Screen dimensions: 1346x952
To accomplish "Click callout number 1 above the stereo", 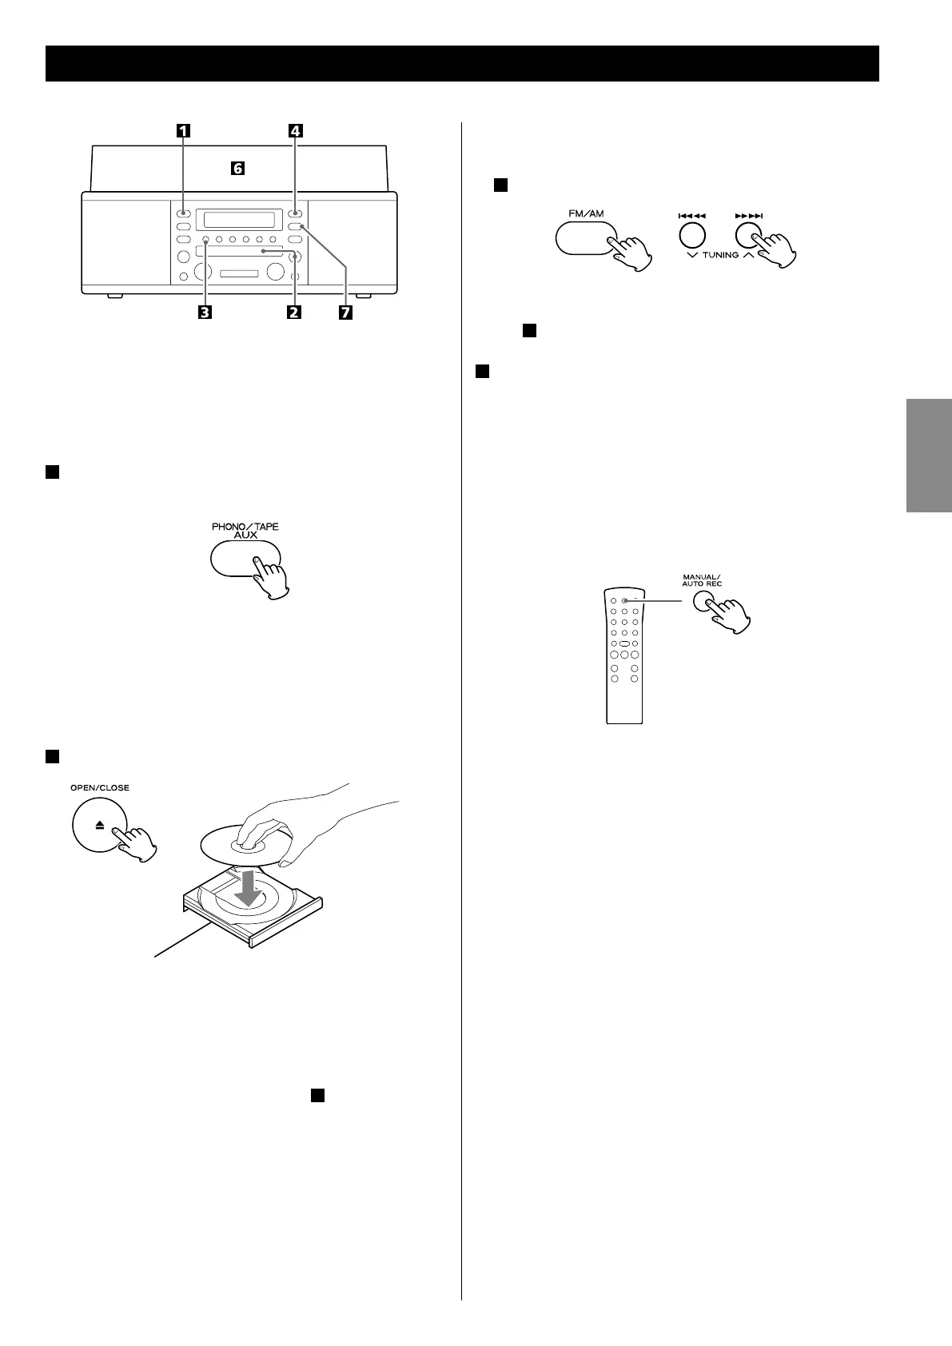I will tap(184, 132).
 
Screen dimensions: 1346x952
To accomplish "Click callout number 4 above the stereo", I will tap(296, 132).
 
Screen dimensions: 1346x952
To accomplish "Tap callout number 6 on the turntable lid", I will tap(237, 169).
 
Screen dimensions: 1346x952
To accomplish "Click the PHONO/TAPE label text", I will tap(245, 527).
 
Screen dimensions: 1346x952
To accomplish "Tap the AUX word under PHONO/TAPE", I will tap(245, 537).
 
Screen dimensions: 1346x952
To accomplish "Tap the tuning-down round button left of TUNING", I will tap(692, 233).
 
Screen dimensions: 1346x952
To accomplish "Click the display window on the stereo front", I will tap(241, 219).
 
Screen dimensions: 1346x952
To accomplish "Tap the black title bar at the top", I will tap(462, 63).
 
